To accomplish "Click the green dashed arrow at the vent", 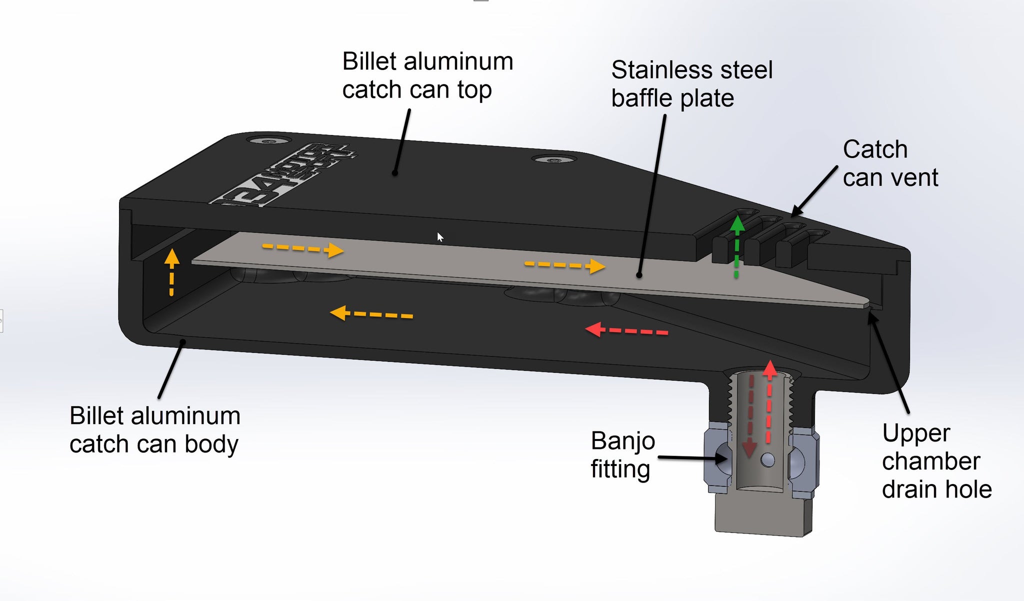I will [736, 247].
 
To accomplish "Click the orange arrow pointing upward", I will [171, 272].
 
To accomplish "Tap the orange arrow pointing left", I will [371, 314].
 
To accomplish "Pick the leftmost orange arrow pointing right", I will [303, 248].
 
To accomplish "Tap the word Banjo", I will [622, 441].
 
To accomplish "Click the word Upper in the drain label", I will [915, 433].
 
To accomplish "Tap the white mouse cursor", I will [440, 237].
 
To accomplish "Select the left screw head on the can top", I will [268, 141].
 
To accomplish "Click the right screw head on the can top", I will [552, 160].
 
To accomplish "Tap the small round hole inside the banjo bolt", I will [768, 459].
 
